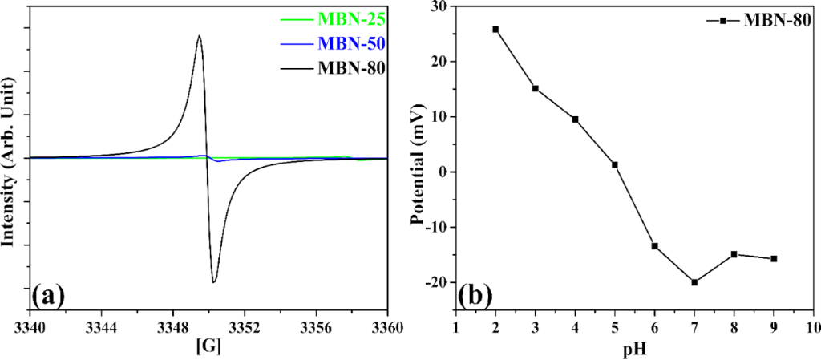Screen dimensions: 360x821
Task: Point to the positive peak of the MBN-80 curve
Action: click(199, 35)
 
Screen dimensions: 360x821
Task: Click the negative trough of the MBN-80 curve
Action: click(214, 281)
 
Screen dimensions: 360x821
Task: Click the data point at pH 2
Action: click(495, 30)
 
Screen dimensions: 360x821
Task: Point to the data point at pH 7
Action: click(694, 282)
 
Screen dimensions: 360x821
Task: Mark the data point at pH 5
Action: click(615, 165)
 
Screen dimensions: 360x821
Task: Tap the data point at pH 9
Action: click(774, 258)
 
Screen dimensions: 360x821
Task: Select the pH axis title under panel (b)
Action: click(634, 350)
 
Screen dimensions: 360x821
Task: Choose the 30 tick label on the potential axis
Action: click(438, 6)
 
